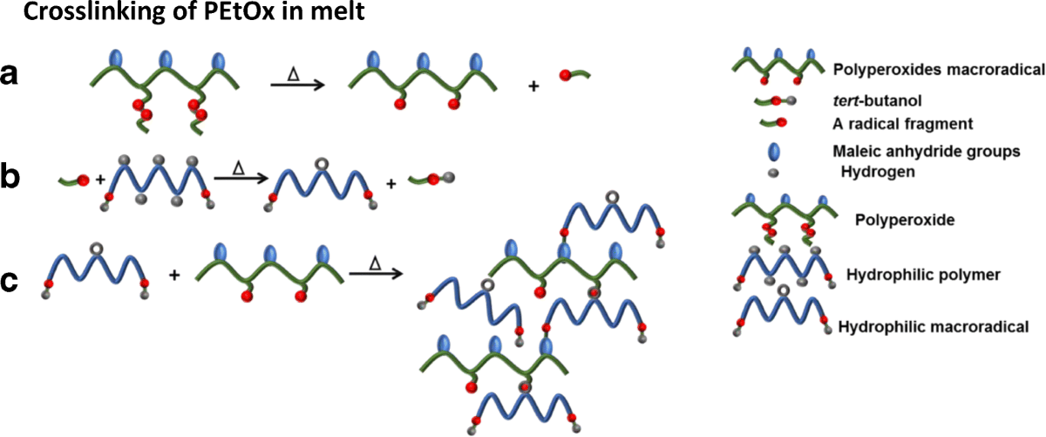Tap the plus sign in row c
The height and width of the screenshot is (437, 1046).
tap(173, 275)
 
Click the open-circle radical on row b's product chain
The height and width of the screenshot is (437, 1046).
tap(321, 163)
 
